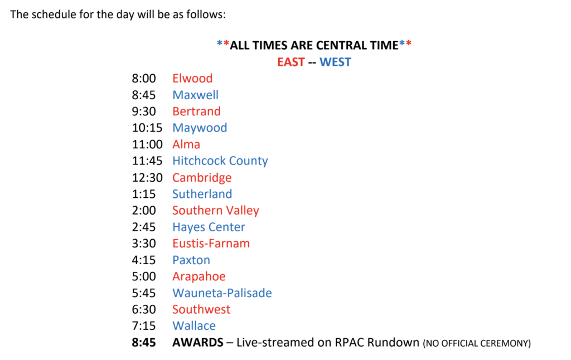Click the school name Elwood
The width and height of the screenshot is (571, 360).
(x=192, y=79)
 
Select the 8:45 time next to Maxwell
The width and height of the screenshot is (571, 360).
(x=144, y=95)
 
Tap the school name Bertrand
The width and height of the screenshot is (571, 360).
(x=196, y=111)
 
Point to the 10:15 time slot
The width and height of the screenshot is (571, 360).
(x=147, y=128)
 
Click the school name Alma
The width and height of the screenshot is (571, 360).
(x=186, y=144)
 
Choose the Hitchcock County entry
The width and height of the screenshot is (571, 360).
(x=220, y=161)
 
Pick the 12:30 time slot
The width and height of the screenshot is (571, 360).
(x=147, y=178)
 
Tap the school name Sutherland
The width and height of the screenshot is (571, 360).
(x=202, y=194)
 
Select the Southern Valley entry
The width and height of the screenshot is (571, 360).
(x=215, y=211)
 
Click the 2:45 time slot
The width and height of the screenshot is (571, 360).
(x=144, y=227)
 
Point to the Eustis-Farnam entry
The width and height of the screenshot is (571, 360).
(x=211, y=244)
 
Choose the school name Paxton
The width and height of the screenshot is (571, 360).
(x=191, y=260)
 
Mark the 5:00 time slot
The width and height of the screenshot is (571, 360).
(x=144, y=276)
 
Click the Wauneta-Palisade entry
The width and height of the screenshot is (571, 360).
(x=222, y=293)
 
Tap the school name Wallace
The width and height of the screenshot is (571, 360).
(x=194, y=326)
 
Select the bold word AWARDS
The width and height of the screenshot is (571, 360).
(x=197, y=343)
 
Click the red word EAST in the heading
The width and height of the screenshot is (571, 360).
(x=291, y=62)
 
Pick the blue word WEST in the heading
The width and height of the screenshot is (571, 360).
(x=335, y=62)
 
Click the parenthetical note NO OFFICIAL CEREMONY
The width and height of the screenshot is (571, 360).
(x=477, y=344)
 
